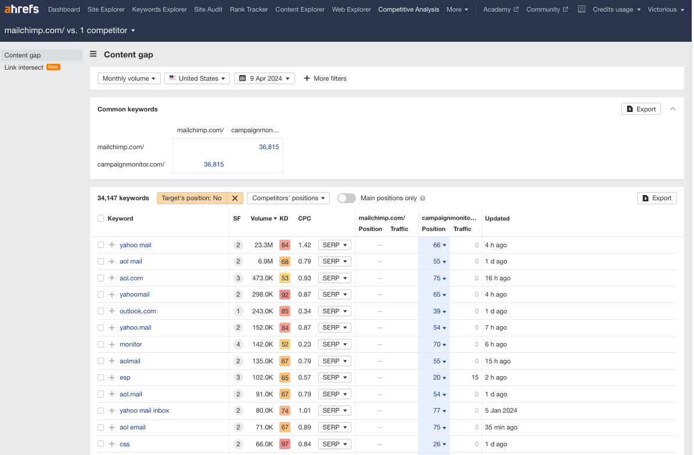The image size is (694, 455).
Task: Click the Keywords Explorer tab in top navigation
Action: click(x=159, y=9)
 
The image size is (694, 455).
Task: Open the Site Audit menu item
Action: click(x=208, y=9)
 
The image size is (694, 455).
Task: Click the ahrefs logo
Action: click(x=22, y=9)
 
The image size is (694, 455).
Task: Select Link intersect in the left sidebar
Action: click(x=24, y=67)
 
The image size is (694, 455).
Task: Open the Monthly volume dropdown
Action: click(x=129, y=78)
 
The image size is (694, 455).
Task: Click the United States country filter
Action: click(x=197, y=78)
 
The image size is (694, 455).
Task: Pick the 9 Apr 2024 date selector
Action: click(x=264, y=78)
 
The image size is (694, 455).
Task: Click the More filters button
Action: click(x=325, y=78)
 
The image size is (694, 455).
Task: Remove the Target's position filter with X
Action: click(x=235, y=198)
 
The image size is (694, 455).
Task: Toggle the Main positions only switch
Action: click(x=346, y=198)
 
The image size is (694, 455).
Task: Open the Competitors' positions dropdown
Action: click(x=288, y=198)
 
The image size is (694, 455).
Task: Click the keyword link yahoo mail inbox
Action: click(x=144, y=410)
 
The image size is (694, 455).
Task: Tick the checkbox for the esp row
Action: click(x=101, y=377)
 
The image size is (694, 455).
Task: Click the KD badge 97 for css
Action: click(x=285, y=444)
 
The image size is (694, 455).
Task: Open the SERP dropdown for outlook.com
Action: click(x=335, y=311)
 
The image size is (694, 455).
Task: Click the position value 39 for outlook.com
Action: click(x=437, y=311)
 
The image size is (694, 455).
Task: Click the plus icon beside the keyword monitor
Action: click(x=112, y=344)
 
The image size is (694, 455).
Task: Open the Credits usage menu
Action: click(x=616, y=9)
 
